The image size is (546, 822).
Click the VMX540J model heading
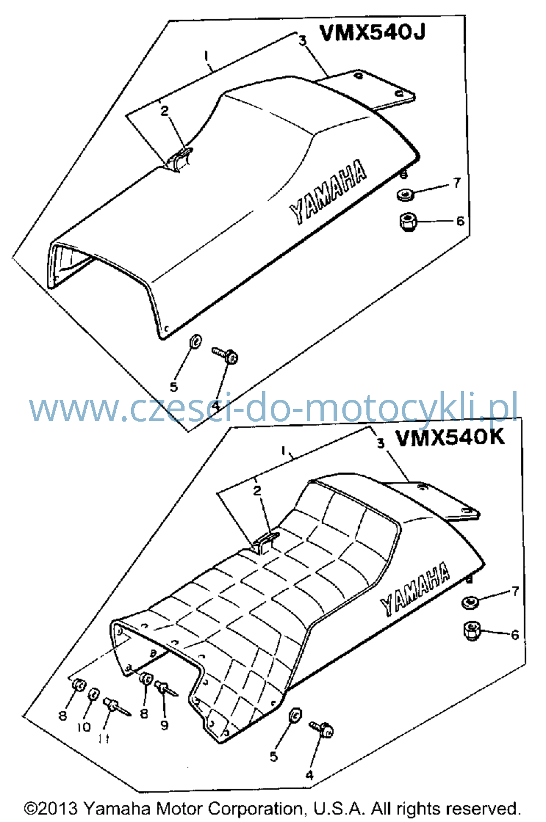(x=372, y=33)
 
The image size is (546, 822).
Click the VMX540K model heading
(x=450, y=437)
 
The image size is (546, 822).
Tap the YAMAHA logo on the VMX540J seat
(x=328, y=191)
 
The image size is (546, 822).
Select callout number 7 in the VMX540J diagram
(x=456, y=183)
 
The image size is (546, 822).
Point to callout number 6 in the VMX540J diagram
(x=460, y=221)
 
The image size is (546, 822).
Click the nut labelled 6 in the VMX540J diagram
(x=407, y=221)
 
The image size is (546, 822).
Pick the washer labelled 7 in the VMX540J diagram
(x=406, y=194)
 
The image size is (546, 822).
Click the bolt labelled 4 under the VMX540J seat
(x=225, y=355)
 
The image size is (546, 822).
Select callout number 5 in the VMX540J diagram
(x=174, y=386)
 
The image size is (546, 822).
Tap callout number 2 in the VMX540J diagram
(x=164, y=111)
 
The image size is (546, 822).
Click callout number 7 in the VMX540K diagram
(x=515, y=591)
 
